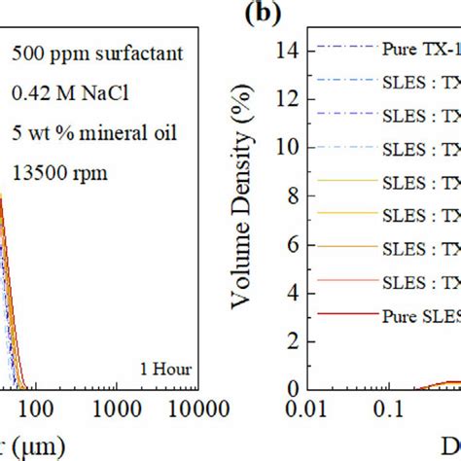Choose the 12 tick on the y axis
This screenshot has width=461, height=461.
tap(286, 97)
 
